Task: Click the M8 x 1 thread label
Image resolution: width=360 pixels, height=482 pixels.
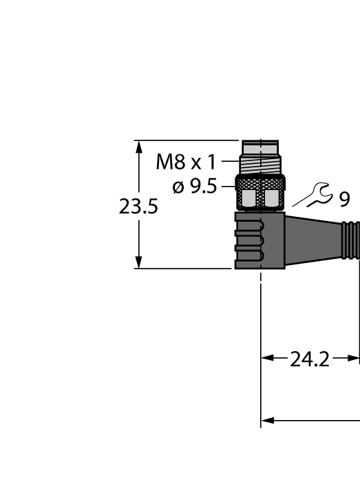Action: [x=186, y=163]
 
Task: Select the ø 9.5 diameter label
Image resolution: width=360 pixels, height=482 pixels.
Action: [x=195, y=187]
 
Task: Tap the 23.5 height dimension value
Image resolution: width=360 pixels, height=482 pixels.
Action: [x=138, y=207]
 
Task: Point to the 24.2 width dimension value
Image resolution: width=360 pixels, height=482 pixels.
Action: [x=309, y=359]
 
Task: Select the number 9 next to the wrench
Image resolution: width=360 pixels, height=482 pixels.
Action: [x=344, y=199]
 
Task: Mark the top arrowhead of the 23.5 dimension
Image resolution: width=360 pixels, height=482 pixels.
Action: [x=139, y=147]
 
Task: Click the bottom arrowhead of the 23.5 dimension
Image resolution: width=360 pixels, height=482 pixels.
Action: [x=139, y=262]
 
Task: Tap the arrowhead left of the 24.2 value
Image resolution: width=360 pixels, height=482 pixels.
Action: [x=268, y=358]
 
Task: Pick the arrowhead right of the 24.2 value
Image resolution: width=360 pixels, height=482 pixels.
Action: [x=353, y=358]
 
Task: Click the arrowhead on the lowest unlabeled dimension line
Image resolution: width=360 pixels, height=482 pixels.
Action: [x=268, y=419]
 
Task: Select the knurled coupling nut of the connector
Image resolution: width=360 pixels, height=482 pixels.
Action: [x=260, y=193]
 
